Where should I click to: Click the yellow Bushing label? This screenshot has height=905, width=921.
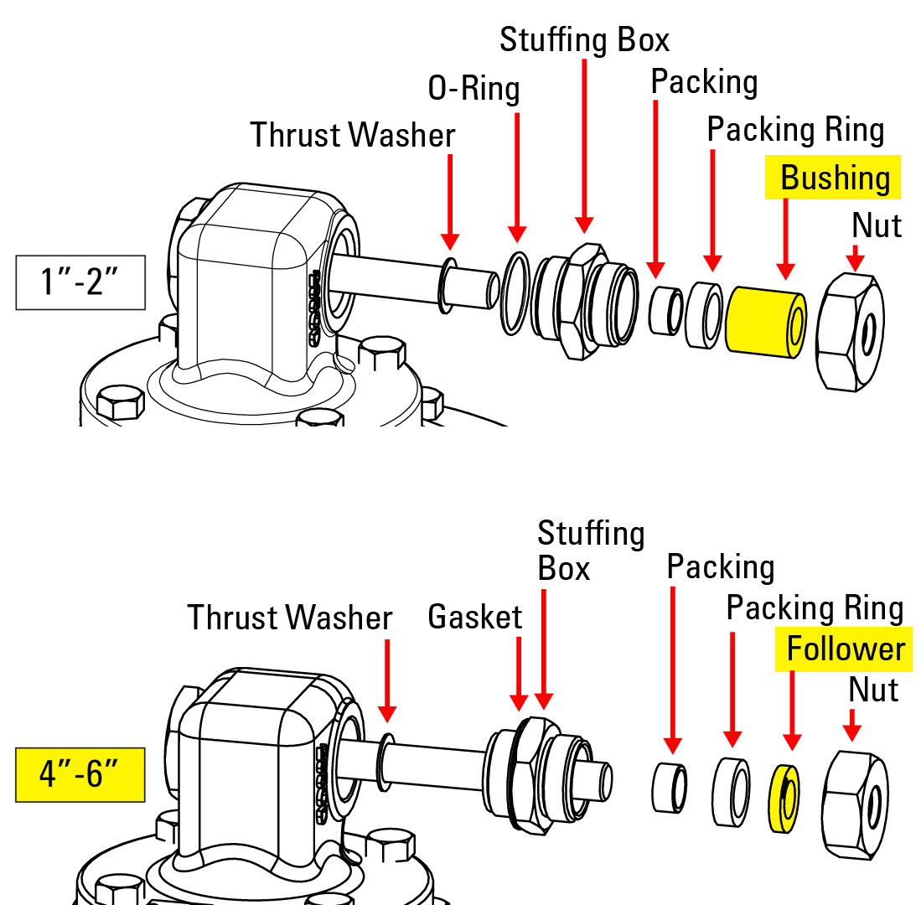(833, 178)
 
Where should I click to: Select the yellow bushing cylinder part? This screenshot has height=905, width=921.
(765, 323)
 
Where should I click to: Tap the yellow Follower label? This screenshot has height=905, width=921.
(845, 649)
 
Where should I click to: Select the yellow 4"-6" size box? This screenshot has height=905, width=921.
(80, 773)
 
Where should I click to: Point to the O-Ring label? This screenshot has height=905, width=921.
(473, 88)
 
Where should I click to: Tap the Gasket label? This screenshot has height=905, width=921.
(474, 618)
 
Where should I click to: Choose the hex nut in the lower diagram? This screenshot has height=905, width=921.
(856, 792)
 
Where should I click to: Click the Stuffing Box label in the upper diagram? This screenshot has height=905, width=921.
(584, 39)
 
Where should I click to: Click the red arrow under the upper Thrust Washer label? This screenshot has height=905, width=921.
(450, 201)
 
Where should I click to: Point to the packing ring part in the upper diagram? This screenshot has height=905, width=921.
(704, 317)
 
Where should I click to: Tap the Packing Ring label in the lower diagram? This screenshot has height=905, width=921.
(814, 608)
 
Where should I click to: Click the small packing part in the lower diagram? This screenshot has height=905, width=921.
(670, 788)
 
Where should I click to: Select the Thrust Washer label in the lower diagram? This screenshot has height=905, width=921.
(289, 618)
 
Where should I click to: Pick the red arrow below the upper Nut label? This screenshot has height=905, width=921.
(854, 256)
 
